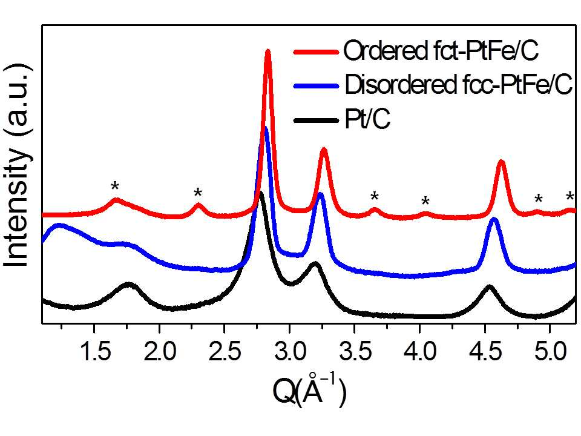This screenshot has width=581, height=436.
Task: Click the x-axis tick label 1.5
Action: coord(95,351)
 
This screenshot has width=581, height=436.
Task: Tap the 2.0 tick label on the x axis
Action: coord(160,351)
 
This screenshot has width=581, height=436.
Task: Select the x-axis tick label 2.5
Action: coord(225,351)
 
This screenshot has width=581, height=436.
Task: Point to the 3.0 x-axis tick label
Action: coord(290,351)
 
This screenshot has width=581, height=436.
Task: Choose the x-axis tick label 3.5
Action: coord(355,351)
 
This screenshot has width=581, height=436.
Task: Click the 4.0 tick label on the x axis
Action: coord(420,351)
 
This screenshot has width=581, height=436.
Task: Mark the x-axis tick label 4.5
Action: coord(485,351)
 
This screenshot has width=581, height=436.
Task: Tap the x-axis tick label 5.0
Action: coord(550,351)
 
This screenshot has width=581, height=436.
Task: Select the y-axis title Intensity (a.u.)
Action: coord(17,165)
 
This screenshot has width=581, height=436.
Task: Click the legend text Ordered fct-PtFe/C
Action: coord(441,50)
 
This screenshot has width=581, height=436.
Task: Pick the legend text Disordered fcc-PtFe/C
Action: coord(459,85)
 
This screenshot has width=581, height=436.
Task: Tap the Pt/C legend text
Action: coord(367,119)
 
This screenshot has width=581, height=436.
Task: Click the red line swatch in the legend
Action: coord(316,52)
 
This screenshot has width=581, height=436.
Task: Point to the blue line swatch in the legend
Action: coord(316,86)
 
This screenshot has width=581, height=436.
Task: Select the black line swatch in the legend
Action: coord(316,121)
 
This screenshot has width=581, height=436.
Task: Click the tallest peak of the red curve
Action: coord(268,52)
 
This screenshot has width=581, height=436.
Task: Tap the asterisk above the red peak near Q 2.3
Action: coord(198,193)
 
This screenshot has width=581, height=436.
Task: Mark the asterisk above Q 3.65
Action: coord(375,196)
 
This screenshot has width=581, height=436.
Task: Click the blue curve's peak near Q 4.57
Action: coord(493,220)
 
